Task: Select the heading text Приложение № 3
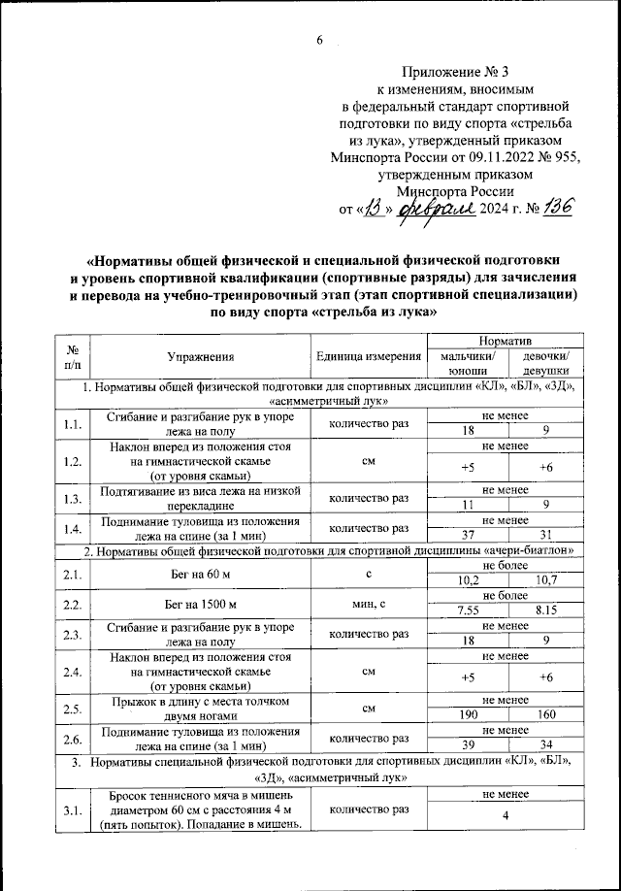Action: click(x=447, y=73)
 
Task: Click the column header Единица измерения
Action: click(x=365, y=359)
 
